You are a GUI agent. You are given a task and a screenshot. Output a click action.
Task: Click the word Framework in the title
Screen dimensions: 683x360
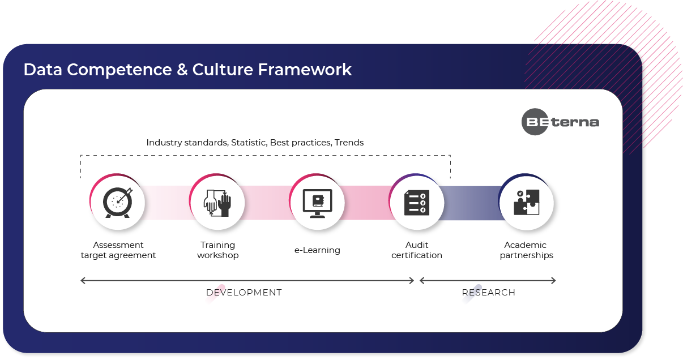coord(305,70)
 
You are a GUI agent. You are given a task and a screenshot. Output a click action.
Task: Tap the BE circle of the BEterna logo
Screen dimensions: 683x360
coord(535,122)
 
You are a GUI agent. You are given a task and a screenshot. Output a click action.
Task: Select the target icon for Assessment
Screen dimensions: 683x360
coord(118,203)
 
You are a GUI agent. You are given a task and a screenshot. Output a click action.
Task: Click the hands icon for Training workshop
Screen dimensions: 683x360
coord(217,203)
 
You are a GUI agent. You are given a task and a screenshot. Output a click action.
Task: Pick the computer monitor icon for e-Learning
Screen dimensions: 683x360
coord(317,203)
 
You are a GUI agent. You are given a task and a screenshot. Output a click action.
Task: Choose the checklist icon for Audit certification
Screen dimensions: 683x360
coord(417,203)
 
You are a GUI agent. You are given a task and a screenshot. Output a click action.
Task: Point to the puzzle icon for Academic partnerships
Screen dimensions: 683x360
coord(527,203)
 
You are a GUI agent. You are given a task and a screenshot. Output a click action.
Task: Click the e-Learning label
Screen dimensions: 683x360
coord(317,250)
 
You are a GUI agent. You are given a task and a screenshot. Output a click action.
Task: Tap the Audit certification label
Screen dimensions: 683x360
coord(417,250)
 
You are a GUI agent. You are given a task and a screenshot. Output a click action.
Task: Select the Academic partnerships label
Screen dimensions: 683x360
coord(526,250)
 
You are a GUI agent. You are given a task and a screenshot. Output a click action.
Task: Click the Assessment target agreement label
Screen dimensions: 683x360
coord(118,250)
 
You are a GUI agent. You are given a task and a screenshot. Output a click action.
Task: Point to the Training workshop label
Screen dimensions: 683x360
coord(217,250)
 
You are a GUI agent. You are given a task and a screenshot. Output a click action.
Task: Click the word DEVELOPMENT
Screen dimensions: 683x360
coord(244,293)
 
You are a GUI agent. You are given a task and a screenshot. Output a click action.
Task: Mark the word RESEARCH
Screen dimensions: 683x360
coord(489,293)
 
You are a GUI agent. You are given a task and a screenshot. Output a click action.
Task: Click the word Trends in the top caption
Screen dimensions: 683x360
coord(349,143)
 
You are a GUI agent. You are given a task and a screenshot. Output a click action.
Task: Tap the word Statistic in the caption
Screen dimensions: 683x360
coord(249,143)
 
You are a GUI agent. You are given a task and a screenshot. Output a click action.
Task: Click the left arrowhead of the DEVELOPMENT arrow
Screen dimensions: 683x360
coord(83,280)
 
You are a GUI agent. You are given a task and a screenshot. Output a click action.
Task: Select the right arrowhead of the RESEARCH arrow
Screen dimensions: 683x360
coord(553,280)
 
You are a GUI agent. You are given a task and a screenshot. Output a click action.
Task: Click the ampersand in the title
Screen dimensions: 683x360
coord(182,70)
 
